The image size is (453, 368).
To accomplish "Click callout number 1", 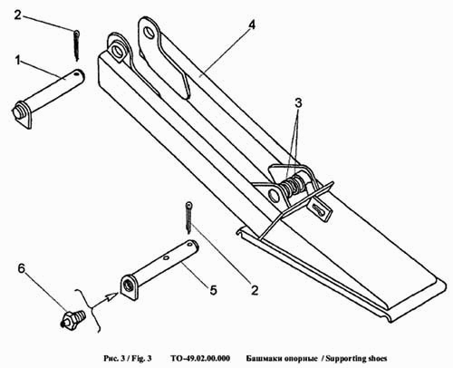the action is click(18, 60).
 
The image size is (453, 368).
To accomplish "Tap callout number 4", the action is click(251, 24).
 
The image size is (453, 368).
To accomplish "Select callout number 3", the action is click(298, 103).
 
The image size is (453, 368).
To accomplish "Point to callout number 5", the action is click(214, 290).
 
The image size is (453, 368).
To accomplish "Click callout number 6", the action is click(21, 268).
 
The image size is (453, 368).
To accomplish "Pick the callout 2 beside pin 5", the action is click(255, 290).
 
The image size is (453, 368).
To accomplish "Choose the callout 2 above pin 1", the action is click(18, 15).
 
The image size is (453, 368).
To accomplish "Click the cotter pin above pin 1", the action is click(77, 45).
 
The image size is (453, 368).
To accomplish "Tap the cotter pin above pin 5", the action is click(188, 218).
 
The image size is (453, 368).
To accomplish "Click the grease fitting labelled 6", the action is click(73, 319).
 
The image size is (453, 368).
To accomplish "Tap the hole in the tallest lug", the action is click(149, 32).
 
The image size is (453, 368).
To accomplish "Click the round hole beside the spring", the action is click(274, 195).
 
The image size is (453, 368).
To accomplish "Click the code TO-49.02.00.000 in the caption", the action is click(200, 359).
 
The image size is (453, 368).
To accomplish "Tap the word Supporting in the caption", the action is click(345, 359).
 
